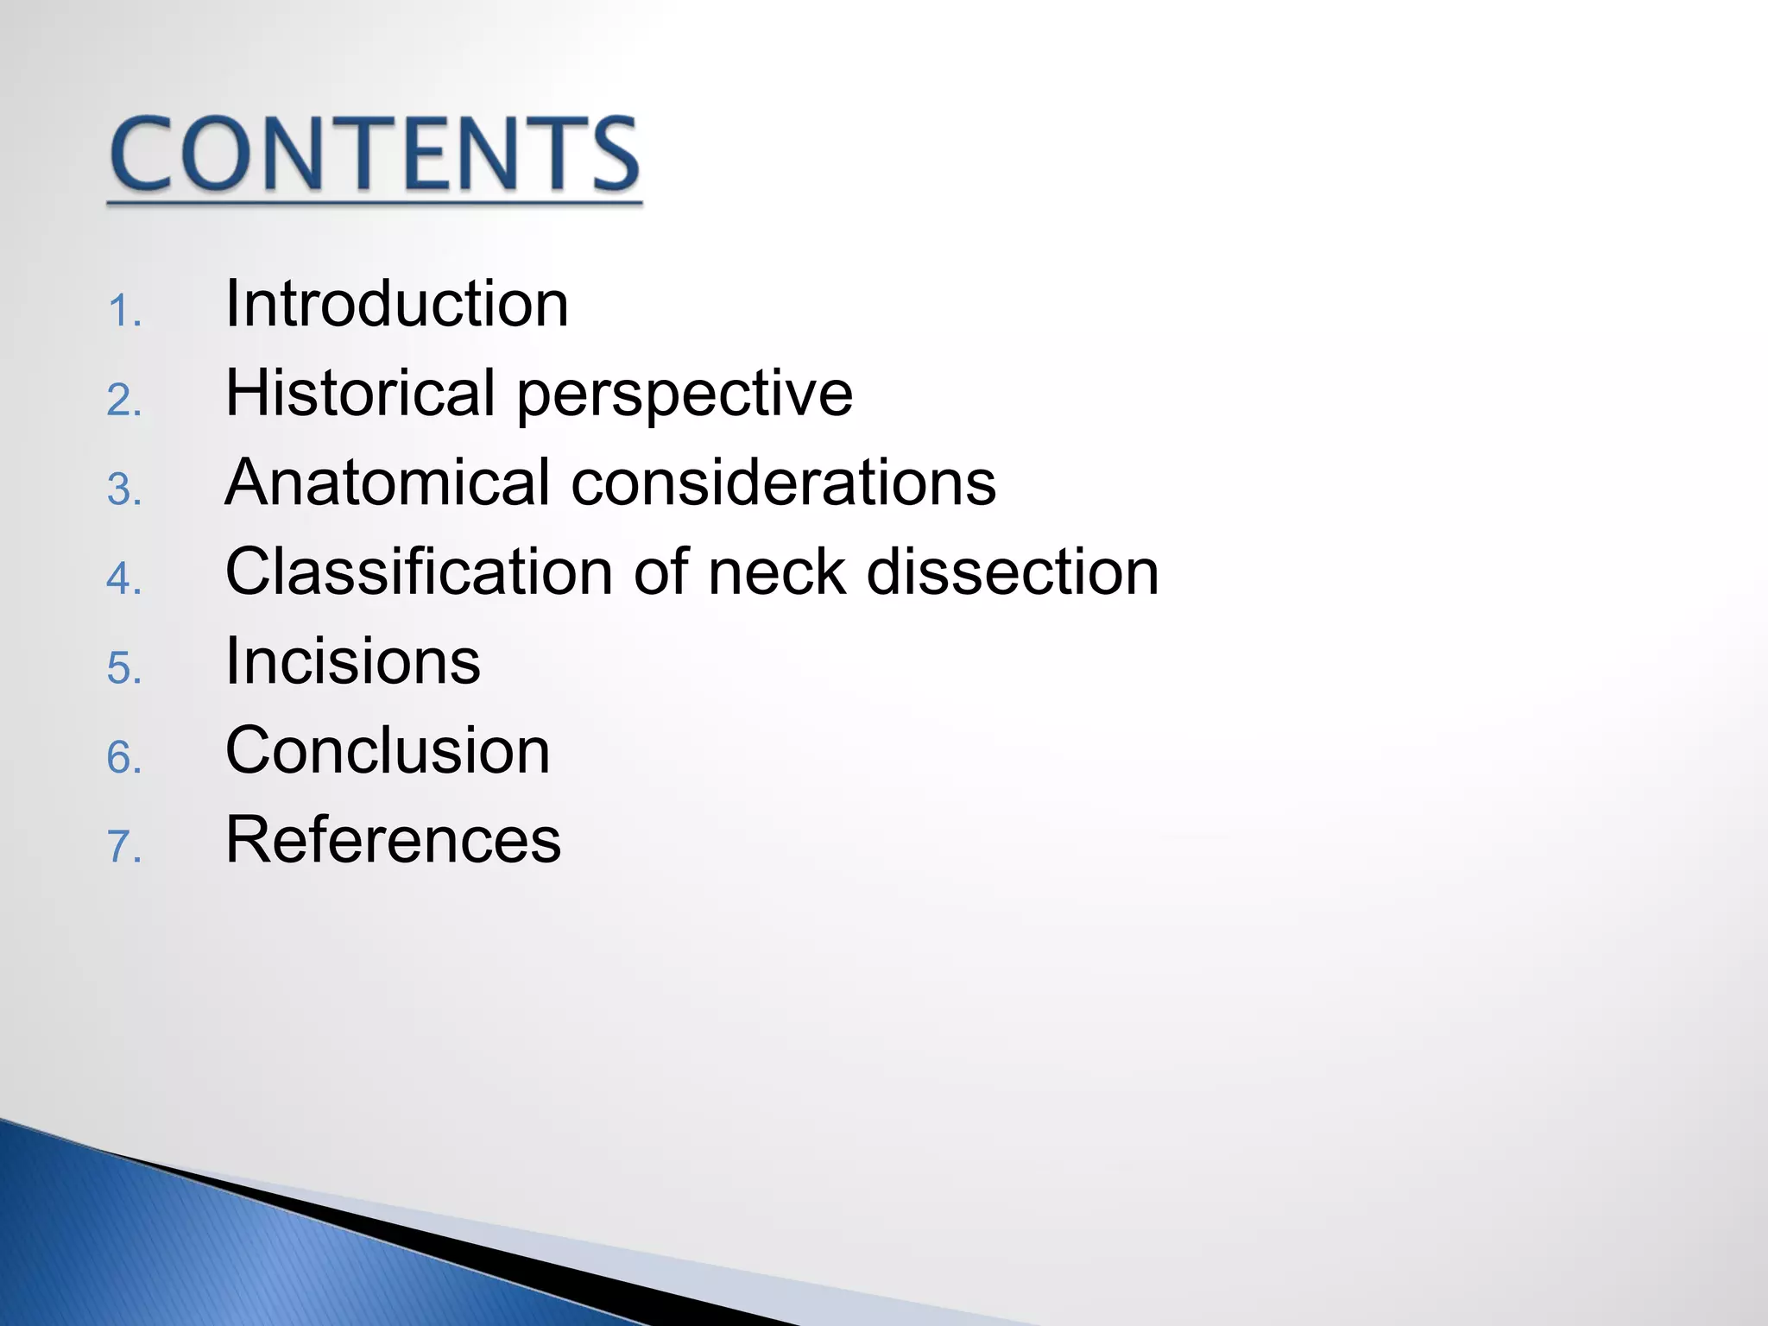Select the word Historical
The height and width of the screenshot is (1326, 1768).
pyautogui.click(x=360, y=393)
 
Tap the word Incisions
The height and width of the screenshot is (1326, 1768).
pyautogui.click(x=352, y=661)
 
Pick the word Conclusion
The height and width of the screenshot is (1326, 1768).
pyautogui.click(x=388, y=750)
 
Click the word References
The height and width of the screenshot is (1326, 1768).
pyautogui.click(x=393, y=839)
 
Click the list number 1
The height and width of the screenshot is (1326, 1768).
pyautogui.click(x=123, y=312)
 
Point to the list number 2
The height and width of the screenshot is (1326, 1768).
pyautogui.click(x=123, y=401)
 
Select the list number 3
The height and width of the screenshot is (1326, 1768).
pyautogui.click(x=123, y=490)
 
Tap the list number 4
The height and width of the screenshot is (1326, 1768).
pyautogui.click(x=123, y=579)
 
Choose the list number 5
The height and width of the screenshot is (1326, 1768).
pyautogui.click(x=123, y=669)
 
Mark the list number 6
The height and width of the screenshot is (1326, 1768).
pyautogui.click(x=123, y=758)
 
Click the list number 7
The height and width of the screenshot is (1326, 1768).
pyautogui.click(x=123, y=847)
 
